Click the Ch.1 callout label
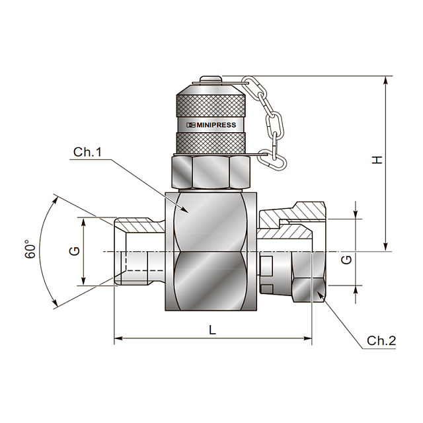click(x=87, y=152)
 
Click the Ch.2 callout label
click(x=381, y=341)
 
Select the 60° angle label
click(x=30, y=249)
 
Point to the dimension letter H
click(x=377, y=160)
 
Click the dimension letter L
click(x=213, y=330)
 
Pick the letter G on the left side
click(x=75, y=251)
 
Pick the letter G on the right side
click(x=346, y=260)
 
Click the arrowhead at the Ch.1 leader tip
click(x=184, y=210)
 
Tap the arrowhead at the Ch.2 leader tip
click(x=321, y=295)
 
